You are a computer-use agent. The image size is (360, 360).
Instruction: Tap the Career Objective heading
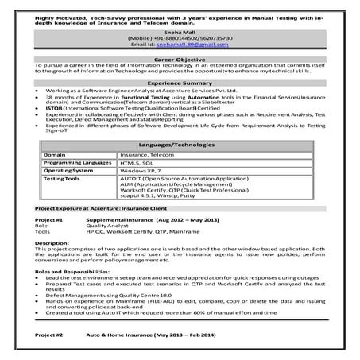click(180, 60)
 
